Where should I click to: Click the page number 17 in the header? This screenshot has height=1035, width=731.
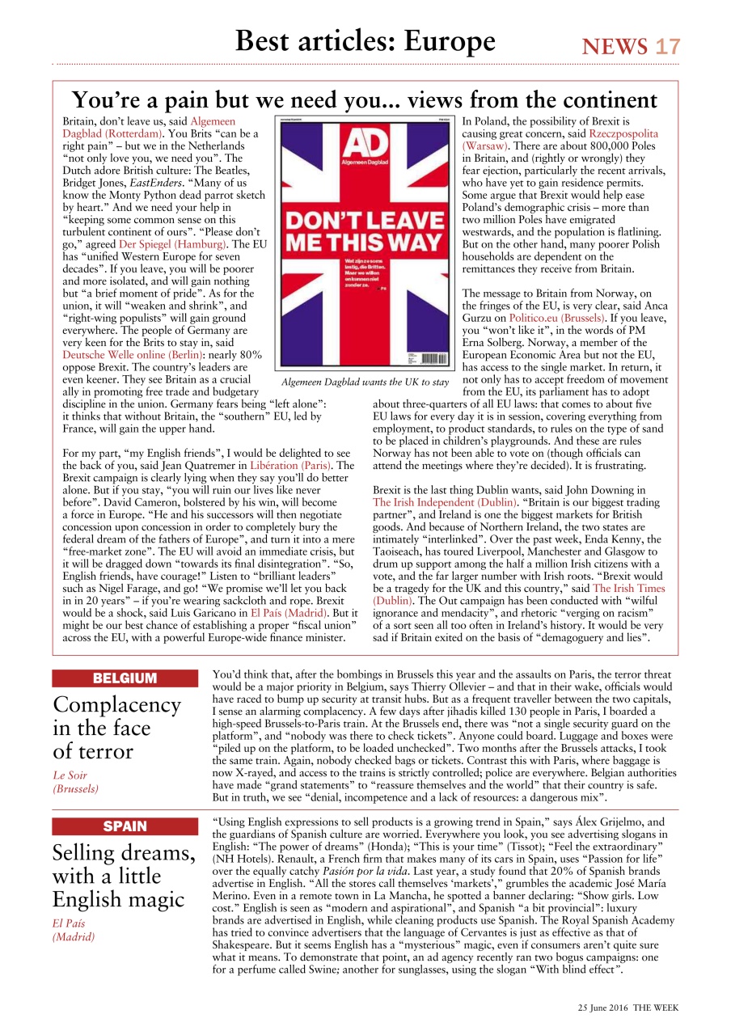click(668, 47)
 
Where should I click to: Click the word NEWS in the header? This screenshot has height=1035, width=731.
click(615, 47)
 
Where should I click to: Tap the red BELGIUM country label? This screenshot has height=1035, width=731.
click(125, 678)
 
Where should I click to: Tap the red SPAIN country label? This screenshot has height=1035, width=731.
click(125, 826)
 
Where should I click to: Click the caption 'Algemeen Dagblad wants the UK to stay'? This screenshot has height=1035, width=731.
click(365, 382)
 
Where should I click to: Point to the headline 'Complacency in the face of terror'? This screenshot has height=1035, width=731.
click(116, 728)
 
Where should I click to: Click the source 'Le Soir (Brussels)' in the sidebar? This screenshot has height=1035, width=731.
click(76, 782)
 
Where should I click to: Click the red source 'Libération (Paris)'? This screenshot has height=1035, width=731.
click(302, 466)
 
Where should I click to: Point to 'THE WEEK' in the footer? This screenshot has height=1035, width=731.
click(656, 1008)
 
